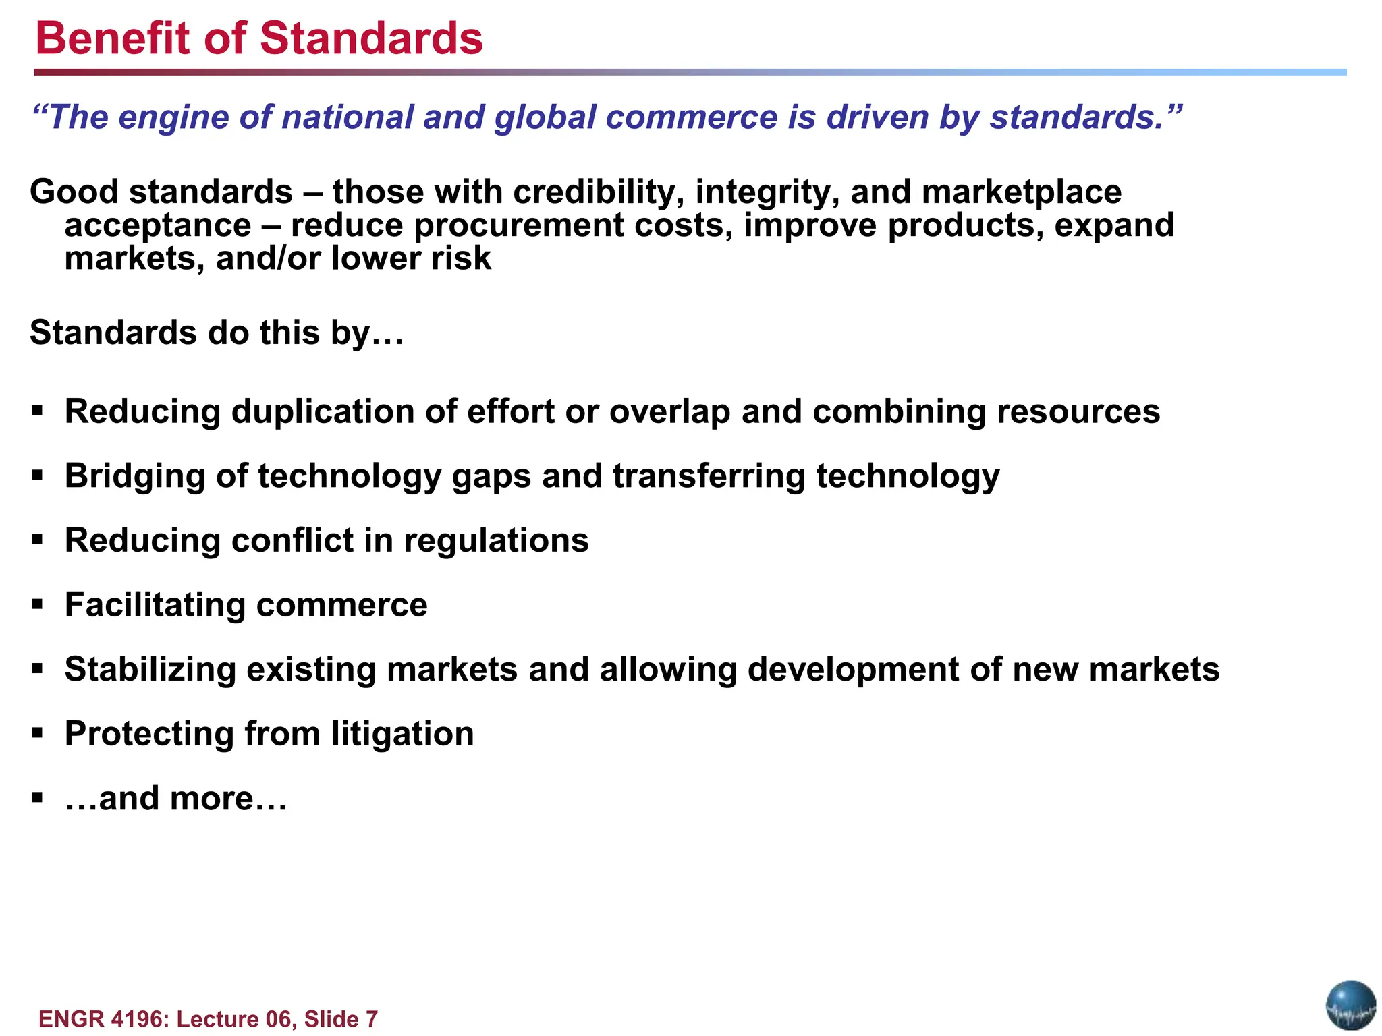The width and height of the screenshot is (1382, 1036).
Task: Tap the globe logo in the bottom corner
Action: click(1350, 1005)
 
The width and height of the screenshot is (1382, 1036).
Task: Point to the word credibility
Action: click(594, 192)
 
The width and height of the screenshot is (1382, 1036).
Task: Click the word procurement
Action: click(518, 225)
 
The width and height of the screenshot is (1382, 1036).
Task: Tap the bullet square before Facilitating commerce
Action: click(38, 604)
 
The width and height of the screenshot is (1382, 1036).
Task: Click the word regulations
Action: click(496, 540)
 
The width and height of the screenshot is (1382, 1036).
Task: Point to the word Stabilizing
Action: click(150, 669)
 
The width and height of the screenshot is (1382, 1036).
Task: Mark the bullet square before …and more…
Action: click(38, 798)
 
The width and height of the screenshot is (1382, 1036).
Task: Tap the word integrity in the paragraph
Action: click(767, 192)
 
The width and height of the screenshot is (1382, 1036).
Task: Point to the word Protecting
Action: click(148, 734)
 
